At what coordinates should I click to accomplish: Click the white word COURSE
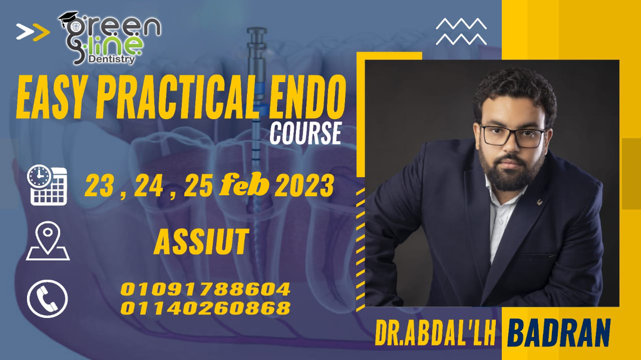305,134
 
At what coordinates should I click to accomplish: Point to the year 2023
304,187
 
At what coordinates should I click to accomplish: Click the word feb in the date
245,187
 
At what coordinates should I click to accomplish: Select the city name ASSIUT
201,242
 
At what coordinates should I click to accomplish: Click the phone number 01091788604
205,289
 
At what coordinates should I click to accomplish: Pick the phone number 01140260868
205,307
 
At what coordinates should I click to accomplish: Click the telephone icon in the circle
47,299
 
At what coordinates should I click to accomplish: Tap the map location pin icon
48,241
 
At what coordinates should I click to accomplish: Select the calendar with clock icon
48,185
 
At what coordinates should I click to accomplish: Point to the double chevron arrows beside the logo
33,32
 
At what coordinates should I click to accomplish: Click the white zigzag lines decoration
461,31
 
